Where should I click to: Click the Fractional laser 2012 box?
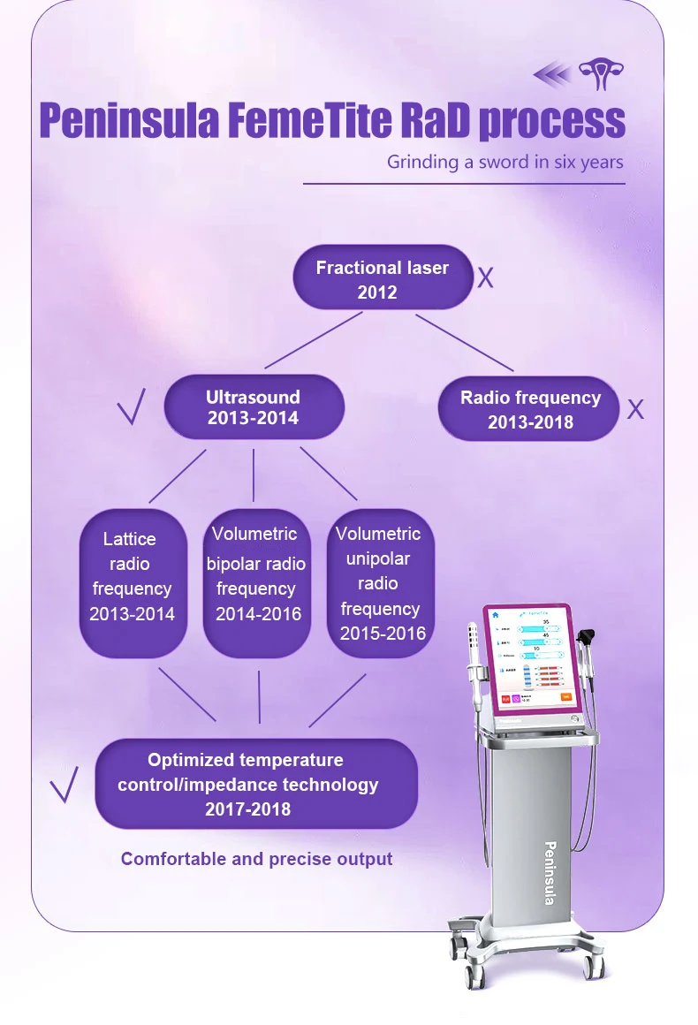coord(383,278)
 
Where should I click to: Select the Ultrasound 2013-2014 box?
coord(254,407)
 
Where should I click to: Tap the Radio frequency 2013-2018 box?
coord(529,409)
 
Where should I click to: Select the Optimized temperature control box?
coord(254,784)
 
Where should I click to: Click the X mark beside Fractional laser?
coord(485,279)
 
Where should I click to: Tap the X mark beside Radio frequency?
coord(635,409)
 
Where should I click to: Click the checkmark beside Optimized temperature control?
coord(64,784)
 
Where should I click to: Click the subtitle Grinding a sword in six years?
coord(505,163)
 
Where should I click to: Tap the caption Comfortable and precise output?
coord(256,859)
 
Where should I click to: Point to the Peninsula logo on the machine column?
coord(549,871)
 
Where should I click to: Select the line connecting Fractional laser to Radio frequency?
coord(464,342)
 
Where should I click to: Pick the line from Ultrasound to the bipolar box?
coord(254,475)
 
